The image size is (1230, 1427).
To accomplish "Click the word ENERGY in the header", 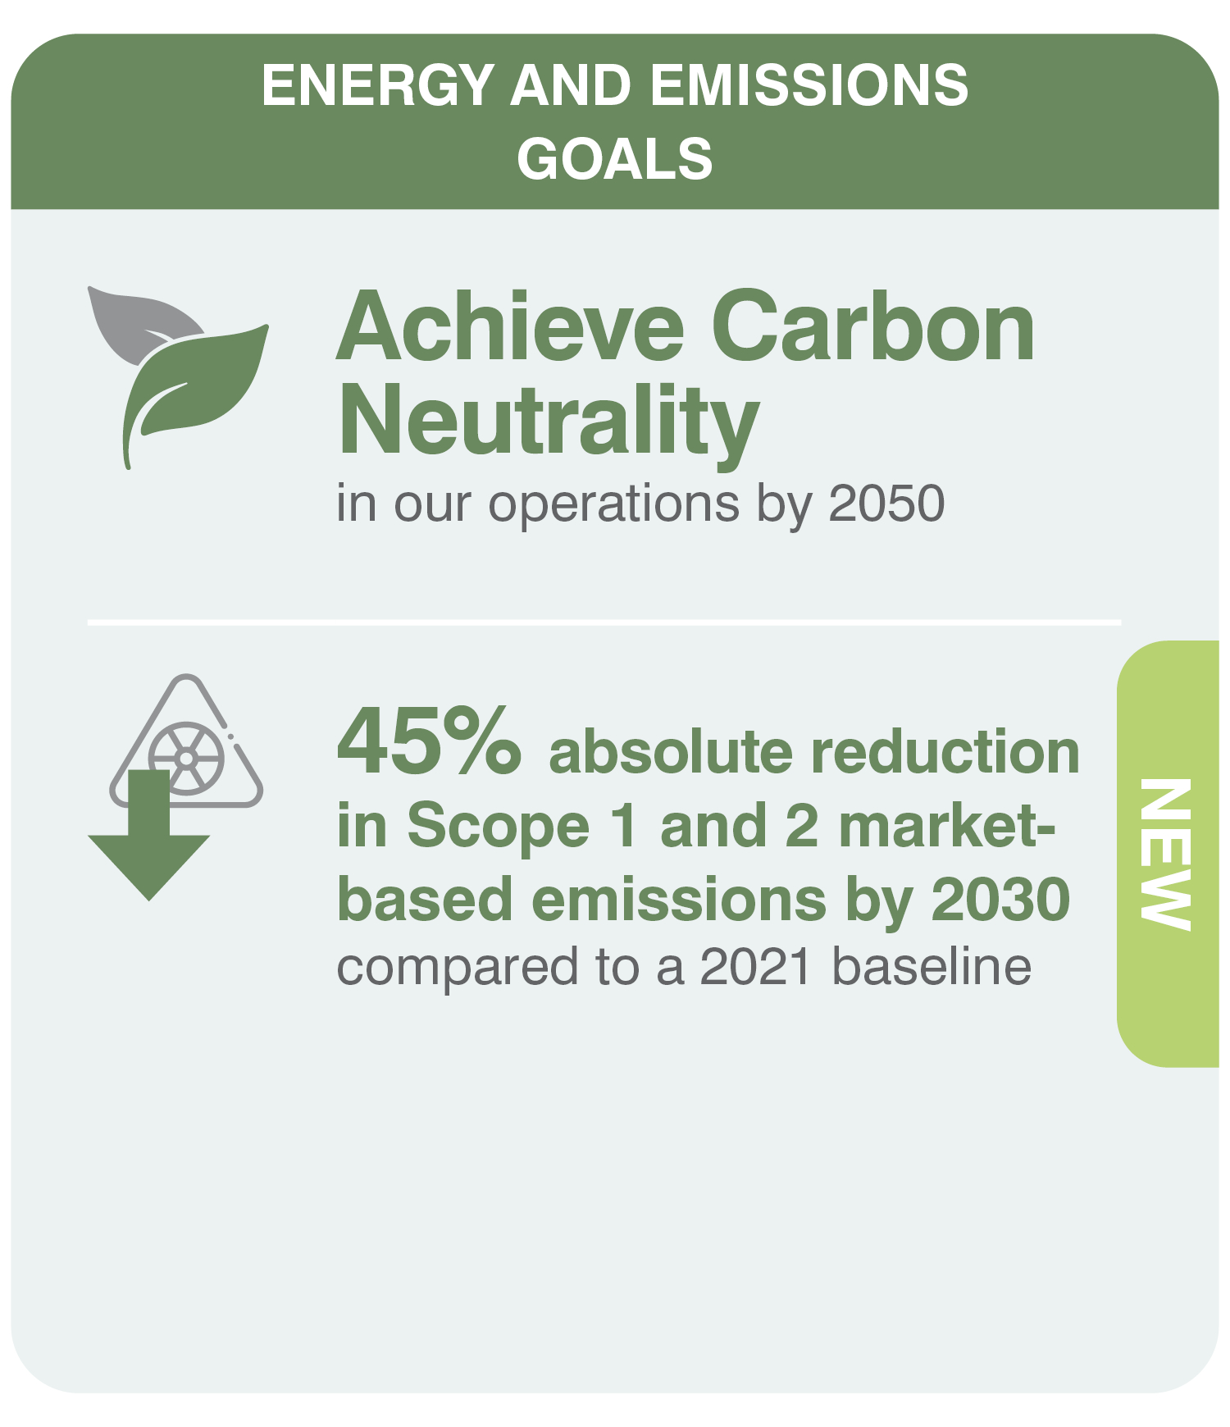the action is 377,85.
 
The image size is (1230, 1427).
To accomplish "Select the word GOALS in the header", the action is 615,158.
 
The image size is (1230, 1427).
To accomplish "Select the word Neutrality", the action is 548,425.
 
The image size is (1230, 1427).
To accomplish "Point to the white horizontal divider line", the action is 604,622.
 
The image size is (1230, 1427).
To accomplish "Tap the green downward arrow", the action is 149,835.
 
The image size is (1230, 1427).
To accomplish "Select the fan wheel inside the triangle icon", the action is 187,759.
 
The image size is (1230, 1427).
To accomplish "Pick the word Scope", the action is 498,827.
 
